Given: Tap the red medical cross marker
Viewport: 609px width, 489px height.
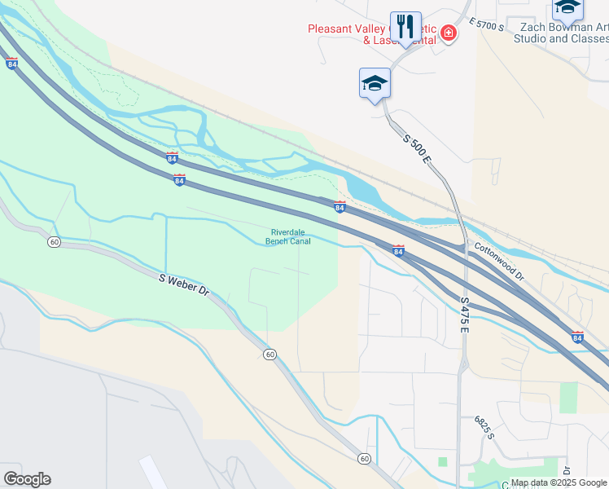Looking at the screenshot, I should point(448,33).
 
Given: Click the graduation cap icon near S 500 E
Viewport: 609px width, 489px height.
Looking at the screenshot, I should point(375,83).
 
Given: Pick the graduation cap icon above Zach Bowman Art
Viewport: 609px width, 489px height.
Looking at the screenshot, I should point(567,8).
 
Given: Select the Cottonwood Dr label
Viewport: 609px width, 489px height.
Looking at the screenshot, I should point(499,262).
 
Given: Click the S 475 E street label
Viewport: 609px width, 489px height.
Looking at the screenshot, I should point(465,314).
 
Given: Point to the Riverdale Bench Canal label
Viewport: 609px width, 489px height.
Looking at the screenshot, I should point(288,236).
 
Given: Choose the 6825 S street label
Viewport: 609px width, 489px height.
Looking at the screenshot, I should point(485,428).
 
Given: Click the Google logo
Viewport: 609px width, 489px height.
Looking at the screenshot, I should point(27,479).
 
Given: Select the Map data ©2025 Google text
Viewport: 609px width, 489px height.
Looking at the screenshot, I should point(558,482).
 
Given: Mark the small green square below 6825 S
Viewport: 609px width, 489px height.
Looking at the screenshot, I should point(443,461).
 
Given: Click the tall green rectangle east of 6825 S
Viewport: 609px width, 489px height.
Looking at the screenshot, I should point(568,397).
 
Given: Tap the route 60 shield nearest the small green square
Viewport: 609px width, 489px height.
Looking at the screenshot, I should point(364,459).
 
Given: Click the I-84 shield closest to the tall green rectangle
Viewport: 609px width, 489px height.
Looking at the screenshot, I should point(577,337).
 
